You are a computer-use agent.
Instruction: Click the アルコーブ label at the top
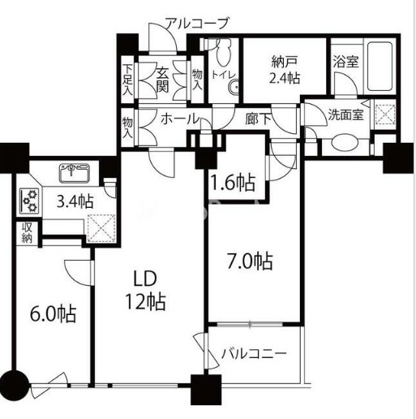click(197, 24)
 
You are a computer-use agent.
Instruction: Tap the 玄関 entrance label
click(162, 80)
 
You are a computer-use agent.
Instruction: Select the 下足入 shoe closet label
click(127, 80)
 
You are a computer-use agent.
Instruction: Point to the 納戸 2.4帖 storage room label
click(285, 71)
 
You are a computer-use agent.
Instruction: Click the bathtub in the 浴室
click(380, 66)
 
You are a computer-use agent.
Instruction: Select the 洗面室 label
click(345, 114)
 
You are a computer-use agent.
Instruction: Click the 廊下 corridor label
click(258, 119)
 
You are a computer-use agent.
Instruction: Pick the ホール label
click(180, 119)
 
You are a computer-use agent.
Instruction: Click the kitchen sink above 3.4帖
click(75, 173)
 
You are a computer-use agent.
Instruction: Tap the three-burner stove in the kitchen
click(29, 201)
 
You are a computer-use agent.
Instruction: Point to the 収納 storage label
click(27, 233)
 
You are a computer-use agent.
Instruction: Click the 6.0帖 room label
click(54, 313)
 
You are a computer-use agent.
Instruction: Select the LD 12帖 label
click(145, 290)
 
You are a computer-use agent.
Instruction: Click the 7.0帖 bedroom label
click(250, 261)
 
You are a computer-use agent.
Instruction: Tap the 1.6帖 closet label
click(233, 183)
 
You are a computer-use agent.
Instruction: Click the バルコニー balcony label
click(254, 353)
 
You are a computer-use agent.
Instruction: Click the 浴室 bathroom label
click(345, 62)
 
